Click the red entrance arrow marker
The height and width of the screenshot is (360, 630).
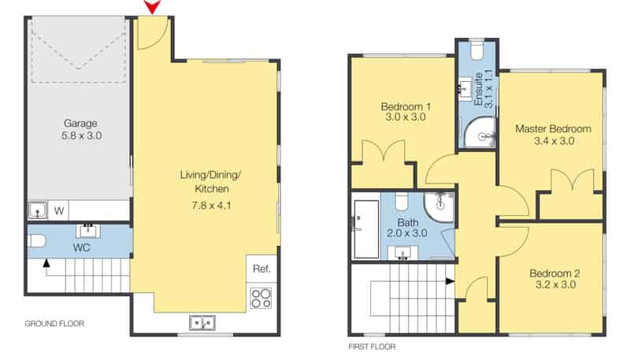152,6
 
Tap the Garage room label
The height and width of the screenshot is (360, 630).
80,124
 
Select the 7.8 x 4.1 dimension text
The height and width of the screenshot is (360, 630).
211,206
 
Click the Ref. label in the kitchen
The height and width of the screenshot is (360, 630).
261,269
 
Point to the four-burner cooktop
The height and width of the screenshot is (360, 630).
261,299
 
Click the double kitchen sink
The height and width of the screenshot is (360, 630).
202,323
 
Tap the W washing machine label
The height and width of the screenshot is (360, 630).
58,210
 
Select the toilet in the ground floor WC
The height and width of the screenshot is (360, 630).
36,241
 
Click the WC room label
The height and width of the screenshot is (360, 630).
81,247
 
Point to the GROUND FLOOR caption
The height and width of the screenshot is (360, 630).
54,324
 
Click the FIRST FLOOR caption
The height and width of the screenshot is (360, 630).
372,347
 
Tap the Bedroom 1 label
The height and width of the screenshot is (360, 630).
406,106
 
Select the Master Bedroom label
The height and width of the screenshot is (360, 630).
554,128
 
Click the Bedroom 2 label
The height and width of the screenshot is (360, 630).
554,273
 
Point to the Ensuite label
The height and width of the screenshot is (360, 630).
478,89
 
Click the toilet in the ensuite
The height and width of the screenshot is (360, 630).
477,50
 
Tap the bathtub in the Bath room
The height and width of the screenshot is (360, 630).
365,229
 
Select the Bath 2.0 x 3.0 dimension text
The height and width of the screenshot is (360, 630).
406,233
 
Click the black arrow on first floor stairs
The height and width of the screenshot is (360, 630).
450,282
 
